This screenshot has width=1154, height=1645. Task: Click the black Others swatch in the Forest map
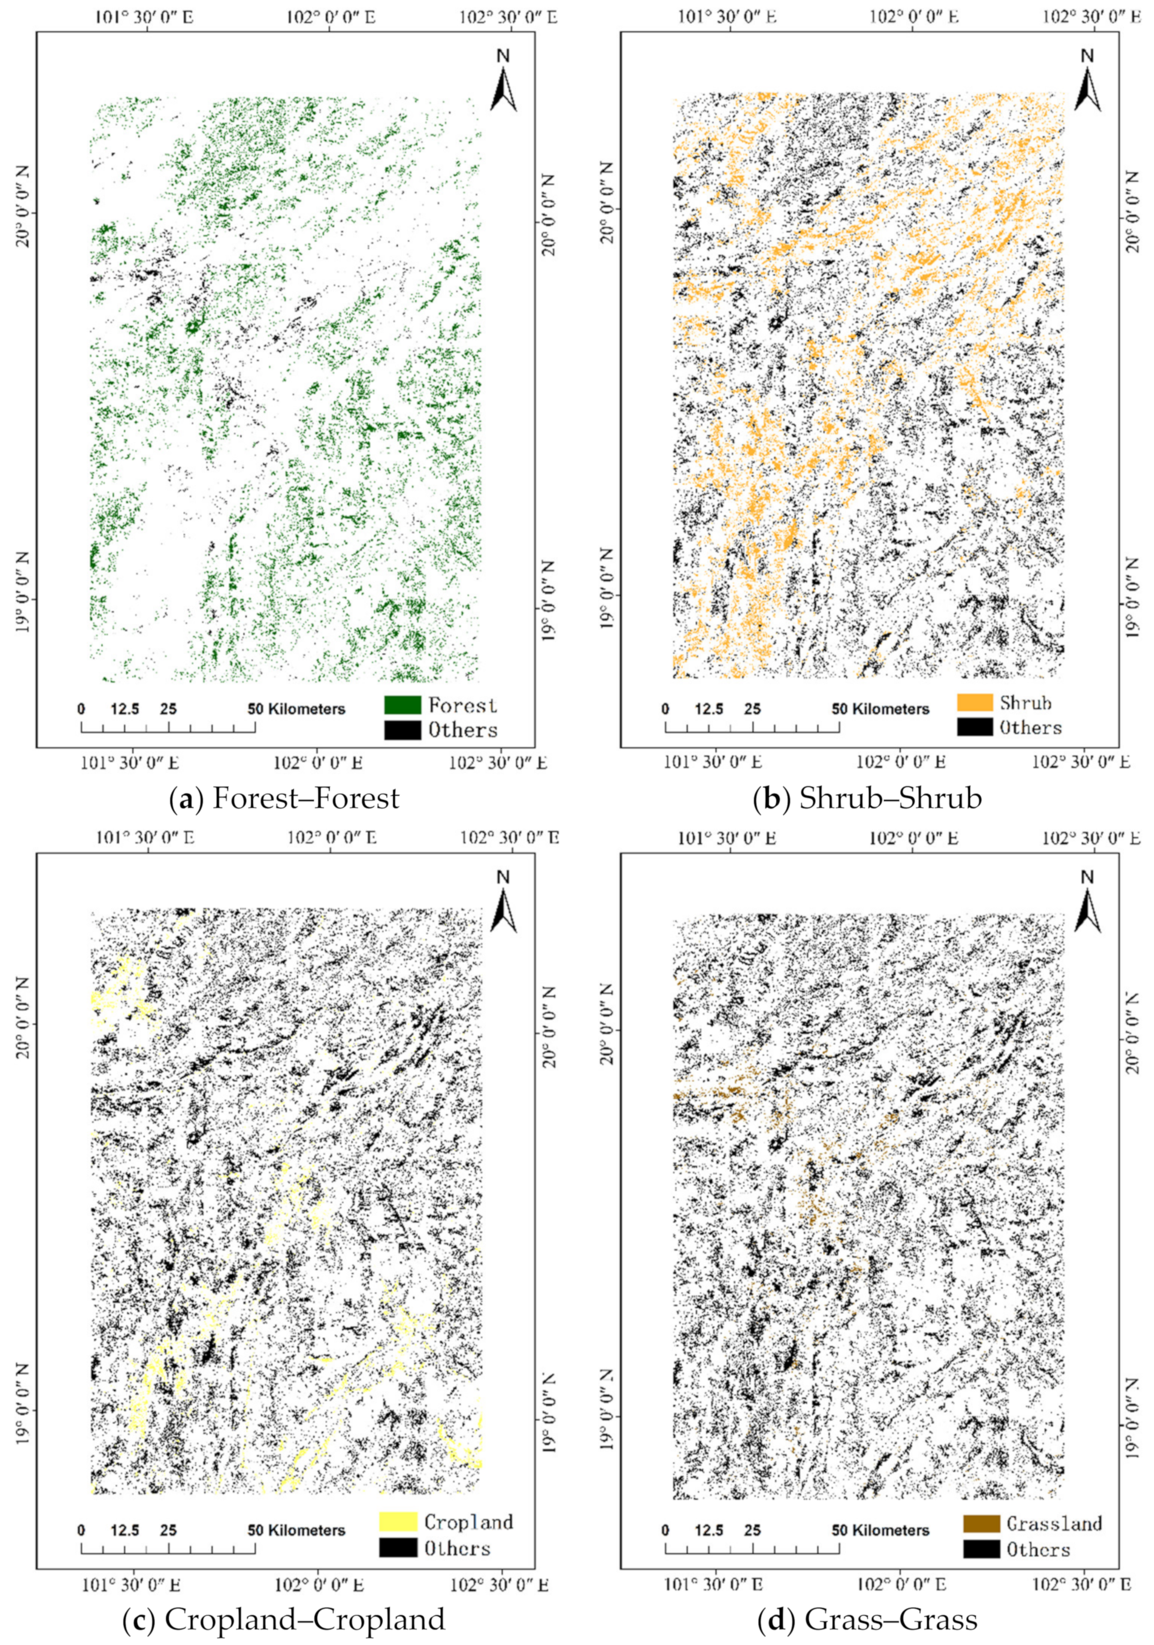click(x=402, y=729)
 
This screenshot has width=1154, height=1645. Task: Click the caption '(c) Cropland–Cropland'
click(x=284, y=1613)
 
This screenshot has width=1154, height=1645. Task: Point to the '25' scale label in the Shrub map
click(x=752, y=709)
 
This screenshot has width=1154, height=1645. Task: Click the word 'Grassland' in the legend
click(x=1054, y=1523)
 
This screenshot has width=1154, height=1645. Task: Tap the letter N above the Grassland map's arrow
click(x=1087, y=877)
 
